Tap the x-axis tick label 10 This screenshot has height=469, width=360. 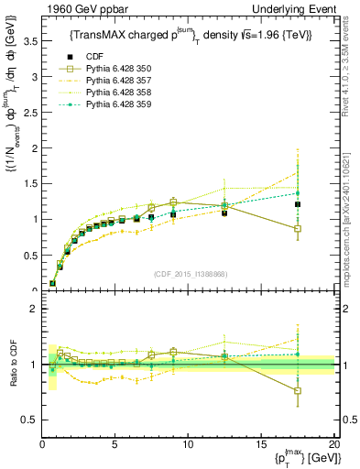pos(187,444)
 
